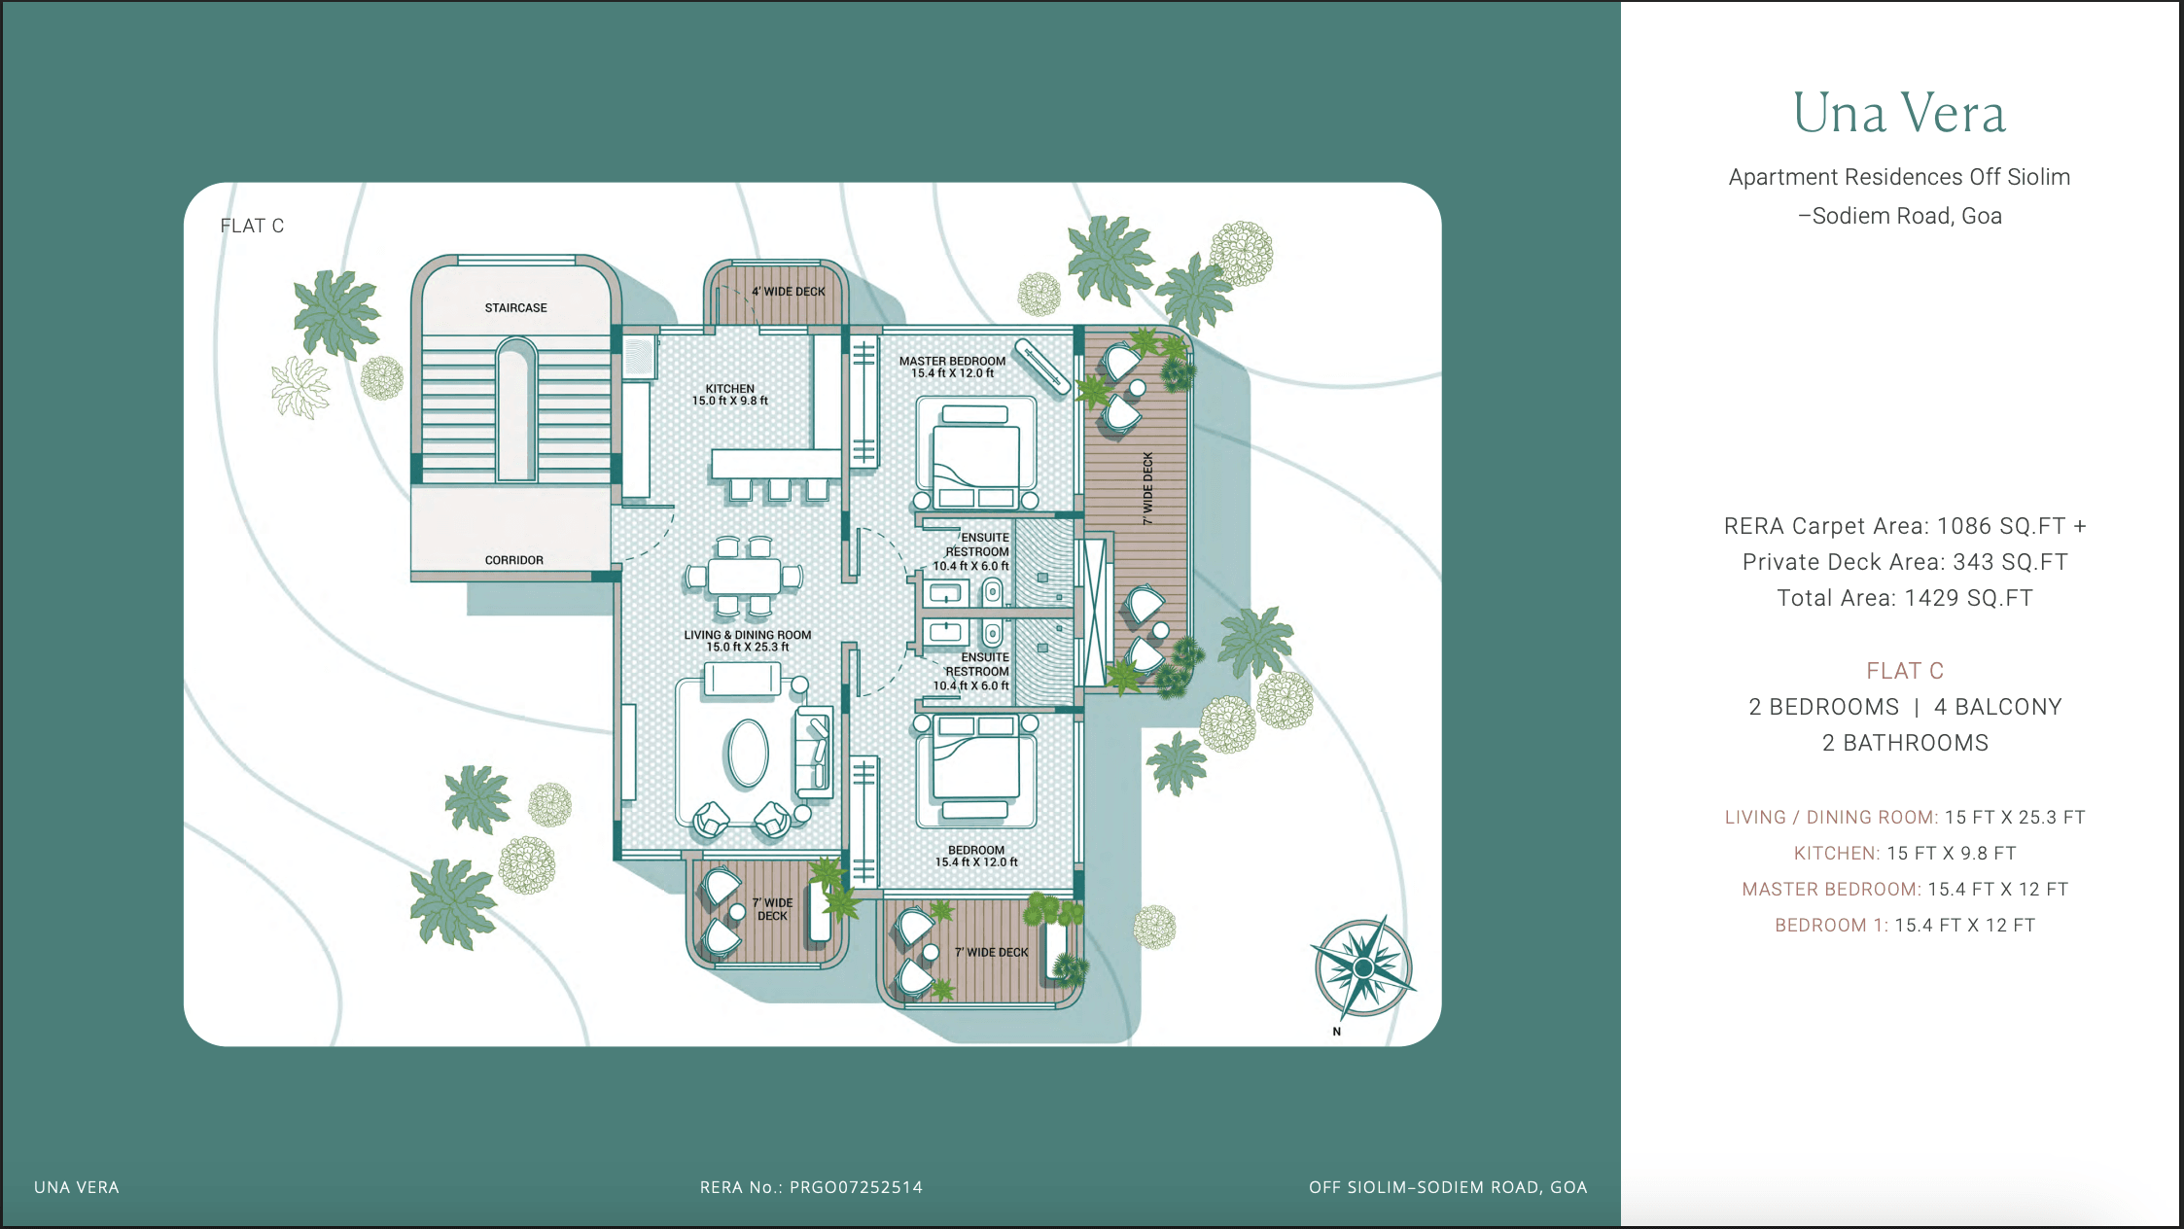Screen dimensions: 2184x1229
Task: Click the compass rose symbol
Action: [x=1363, y=967]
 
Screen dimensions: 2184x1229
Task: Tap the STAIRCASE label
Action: [x=515, y=308]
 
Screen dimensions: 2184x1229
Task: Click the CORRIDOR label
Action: [x=513, y=560]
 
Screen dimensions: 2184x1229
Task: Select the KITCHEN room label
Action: [x=730, y=389]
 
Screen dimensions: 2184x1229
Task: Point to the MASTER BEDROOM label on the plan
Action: [x=952, y=361]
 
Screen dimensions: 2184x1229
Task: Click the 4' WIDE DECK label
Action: [x=788, y=292]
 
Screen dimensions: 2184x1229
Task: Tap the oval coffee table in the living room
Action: [x=747, y=753]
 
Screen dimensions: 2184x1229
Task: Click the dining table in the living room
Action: [x=744, y=576]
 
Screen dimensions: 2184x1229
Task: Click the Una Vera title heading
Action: [x=1899, y=113]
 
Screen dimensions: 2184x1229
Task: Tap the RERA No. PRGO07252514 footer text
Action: [x=811, y=1187]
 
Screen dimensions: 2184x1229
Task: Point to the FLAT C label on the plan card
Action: [x=252, y=226]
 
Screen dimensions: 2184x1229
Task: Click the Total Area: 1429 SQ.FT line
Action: [x=1904, y=598]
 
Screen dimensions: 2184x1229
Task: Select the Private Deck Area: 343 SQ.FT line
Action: [x=1904, y=562]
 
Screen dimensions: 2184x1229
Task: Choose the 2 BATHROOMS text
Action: [x=1904, y=743]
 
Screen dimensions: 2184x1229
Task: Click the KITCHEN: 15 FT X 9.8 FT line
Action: [x=1904, y=853]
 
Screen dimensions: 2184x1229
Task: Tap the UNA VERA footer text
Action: [x=77, y=1187]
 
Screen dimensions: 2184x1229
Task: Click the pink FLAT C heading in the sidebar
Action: [x=1904, y=671]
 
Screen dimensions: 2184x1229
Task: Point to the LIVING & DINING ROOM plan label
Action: [x=747, y=635]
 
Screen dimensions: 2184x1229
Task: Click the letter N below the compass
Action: [x=1337, y=1032]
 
